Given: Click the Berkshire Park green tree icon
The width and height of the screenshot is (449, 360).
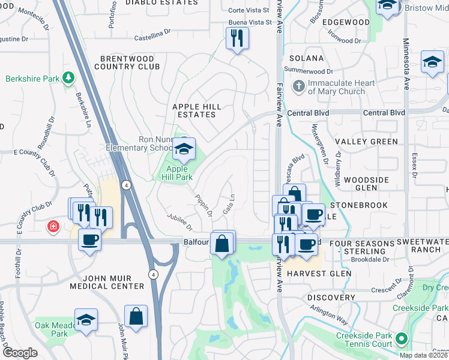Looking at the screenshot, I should (69, 78).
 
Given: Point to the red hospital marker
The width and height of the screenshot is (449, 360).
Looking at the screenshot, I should (53, 227).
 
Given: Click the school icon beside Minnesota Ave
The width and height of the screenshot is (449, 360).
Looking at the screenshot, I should (432, 62).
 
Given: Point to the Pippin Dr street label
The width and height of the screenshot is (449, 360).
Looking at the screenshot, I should (203, 205).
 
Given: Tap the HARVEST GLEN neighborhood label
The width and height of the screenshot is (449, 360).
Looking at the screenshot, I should (318, 274).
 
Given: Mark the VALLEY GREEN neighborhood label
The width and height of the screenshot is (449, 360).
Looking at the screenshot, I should (366, 142).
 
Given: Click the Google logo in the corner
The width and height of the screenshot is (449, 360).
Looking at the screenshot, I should (20, 353).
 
